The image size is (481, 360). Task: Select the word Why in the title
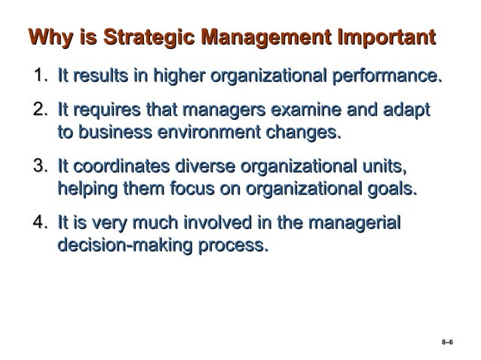[x=47, y=37]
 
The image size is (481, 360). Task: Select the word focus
[x=169, y=188]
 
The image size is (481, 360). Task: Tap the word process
[x=234, y=245]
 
